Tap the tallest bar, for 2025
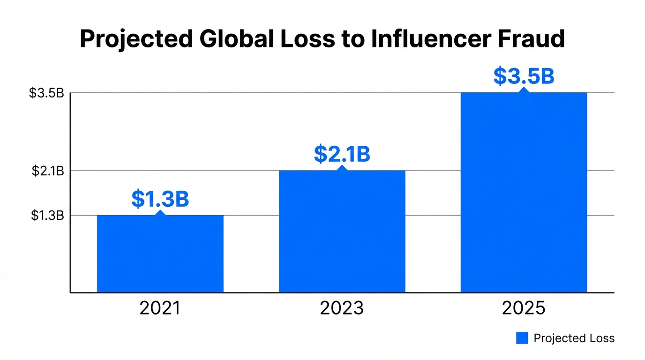(x=524, y=192)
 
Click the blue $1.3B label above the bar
(x=160, y=199)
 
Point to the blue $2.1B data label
(x=342, y=154)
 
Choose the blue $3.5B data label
(x=524, y=77)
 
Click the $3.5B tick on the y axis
(x=46, y=93)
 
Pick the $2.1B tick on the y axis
(x=47, y=171)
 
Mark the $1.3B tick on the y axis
(x=47, y=216)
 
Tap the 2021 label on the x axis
(x=160, y=308)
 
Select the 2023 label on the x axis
(x=342, y=308)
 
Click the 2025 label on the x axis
(x=524, y=308)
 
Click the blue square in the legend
(x=522, y=338)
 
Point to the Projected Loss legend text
(x=574, y=338)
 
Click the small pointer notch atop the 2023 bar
(x=342, y=167)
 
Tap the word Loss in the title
(x=308, y=39)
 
